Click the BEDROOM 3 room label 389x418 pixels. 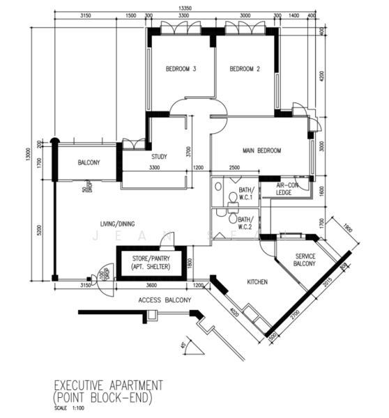click(x=181, y=69)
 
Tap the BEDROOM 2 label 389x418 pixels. click(x=245, y=69)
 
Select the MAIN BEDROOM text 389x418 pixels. click(x=261, y=150)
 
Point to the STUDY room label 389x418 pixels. click(x=160, y=156)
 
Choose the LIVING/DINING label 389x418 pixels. click(x=116, y=224)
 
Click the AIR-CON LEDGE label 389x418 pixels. click(x=287, y=189)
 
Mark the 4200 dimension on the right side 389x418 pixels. click(x=321, y=75)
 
